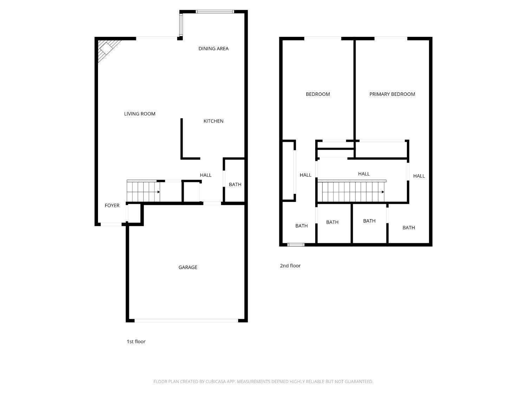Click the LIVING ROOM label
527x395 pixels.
click(x=139, y=114)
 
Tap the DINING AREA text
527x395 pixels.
click(x=213, y=49)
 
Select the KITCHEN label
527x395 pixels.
click(x=213, y=121)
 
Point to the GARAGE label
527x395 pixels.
click(x=188, y=268)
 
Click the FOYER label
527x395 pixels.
click(x=112, y=206)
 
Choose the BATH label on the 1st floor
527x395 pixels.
click(x=235, y=185)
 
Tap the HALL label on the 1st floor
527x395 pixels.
click(x=206, y=175)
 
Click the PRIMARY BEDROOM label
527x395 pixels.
click(x=392, y=94)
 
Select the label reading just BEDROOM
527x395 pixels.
click(x=318, y=94)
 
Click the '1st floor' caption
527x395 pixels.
click(x=136, y=342)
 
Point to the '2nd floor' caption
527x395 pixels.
click(x=290, y=266)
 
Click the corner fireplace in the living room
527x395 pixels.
click(x=106, y=48)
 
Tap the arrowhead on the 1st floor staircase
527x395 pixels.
click(x=159, y=192)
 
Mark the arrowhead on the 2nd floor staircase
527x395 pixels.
click(x=383, y=192)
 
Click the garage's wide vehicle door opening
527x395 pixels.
click(x=186, y=321)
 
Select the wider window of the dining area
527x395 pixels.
click(x=215, y=12)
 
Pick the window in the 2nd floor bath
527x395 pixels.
click(x=296, y=245)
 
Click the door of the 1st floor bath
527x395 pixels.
click(x=224, y=180)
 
